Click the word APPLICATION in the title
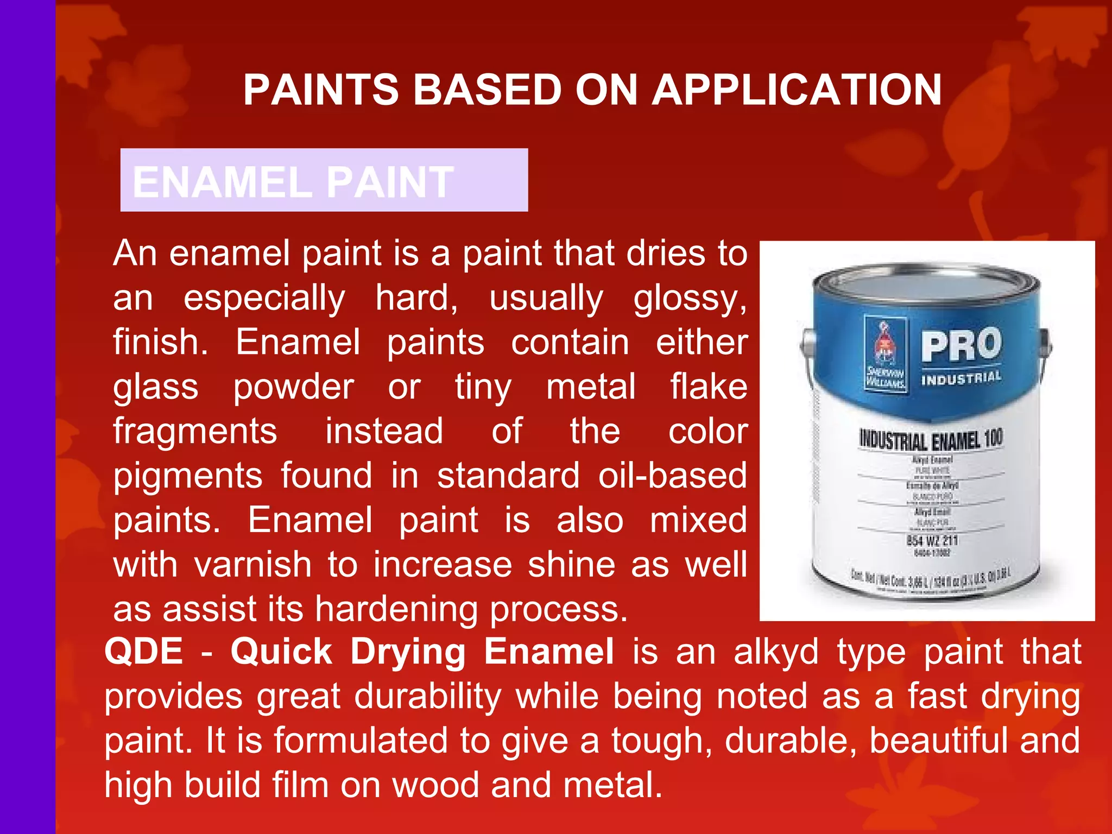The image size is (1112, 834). (x=797, y=90)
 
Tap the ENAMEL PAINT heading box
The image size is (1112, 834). (x=324, y=180)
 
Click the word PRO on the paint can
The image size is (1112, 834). (x=961, y=345)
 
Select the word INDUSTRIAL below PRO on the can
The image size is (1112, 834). (x=961, y=378)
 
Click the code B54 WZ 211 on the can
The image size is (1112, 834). (x=932, y=540)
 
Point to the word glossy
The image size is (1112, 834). (x=689, y=298)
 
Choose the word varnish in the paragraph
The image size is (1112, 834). (x=252, y=565)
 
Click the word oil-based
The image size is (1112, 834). (x=673, y=476)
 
